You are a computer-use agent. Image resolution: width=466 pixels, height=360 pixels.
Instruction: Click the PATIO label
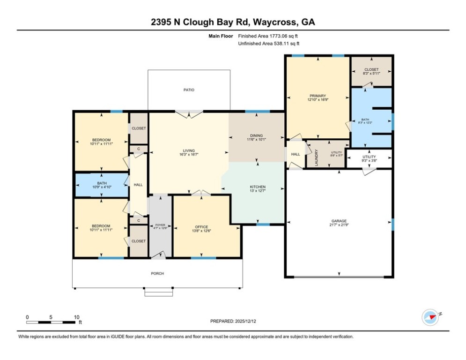189,90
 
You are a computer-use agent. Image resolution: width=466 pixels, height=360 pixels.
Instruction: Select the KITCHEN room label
258,187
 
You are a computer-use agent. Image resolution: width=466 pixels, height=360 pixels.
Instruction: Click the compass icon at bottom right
430,317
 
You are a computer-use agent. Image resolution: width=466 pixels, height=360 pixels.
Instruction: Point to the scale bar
52,322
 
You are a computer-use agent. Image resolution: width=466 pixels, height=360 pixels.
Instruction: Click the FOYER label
160,225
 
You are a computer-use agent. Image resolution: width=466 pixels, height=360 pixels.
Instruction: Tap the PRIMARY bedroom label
317,96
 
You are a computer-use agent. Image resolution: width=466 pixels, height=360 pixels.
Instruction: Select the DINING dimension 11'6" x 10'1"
256,139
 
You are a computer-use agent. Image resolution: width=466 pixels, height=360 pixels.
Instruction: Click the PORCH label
157,274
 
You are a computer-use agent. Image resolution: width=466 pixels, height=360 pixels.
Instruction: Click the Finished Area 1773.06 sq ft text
268,36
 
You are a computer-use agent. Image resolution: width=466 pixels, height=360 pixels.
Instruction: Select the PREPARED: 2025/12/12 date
233,321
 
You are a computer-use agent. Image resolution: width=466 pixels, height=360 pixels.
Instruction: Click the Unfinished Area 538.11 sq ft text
269,44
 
